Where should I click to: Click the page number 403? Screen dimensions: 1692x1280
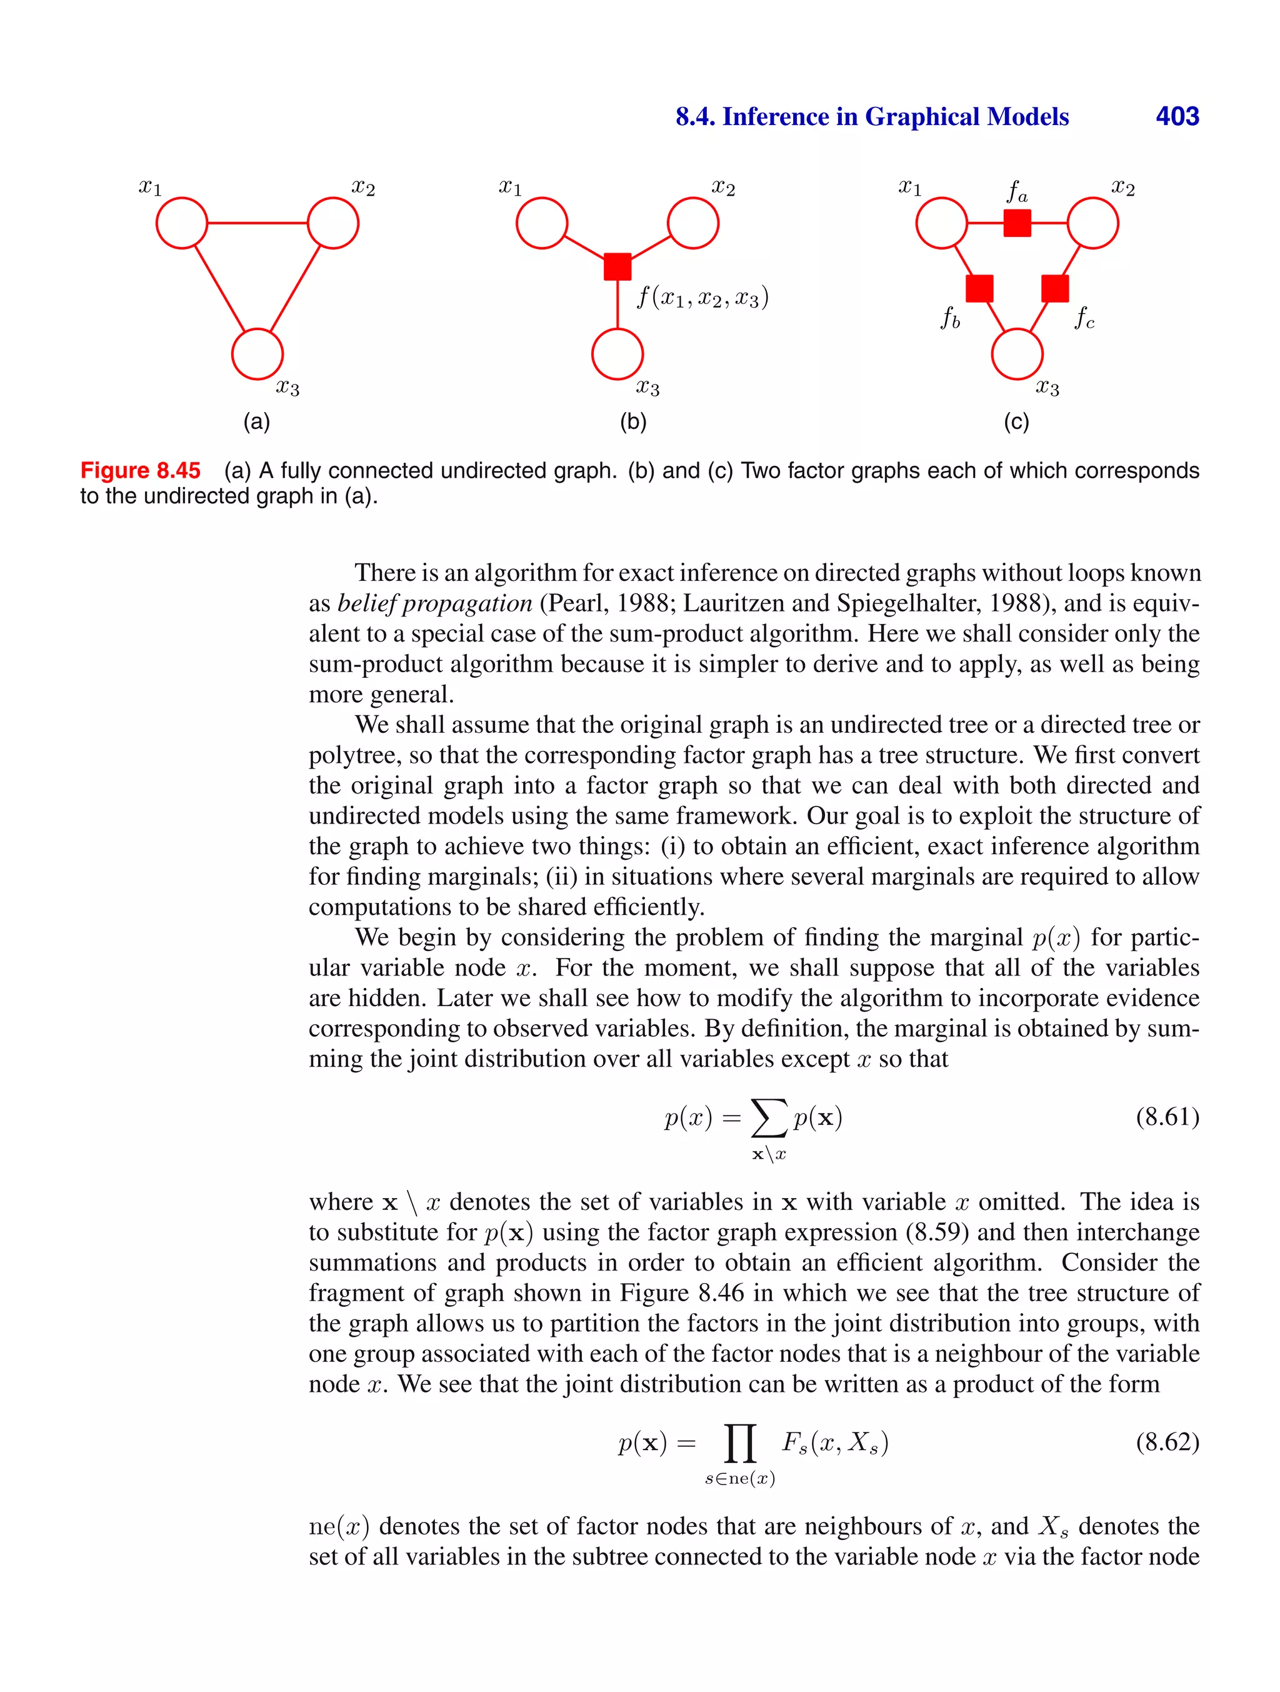pos(1177,116)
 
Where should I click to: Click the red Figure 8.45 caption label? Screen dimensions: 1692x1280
pos(141,470)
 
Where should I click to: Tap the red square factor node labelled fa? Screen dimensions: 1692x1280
pos(1016,223)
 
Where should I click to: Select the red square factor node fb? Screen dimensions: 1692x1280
pos(979,288)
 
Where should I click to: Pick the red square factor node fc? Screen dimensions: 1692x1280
pos(1054,288)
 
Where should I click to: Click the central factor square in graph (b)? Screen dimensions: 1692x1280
pos(617,266)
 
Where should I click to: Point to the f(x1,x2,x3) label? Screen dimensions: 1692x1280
pos(702,297)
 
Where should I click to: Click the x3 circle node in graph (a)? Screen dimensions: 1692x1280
pos(257,354)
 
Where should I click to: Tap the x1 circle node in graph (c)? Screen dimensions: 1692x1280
pos(941,223)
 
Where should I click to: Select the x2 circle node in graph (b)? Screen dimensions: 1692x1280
pos(692,223)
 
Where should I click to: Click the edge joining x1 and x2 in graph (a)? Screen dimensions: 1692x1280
pos(257,223)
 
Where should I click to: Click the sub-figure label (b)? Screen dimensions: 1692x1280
pos(633,421)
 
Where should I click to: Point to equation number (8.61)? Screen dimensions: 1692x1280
pos(1167,1117)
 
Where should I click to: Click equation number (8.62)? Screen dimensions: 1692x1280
pos(1167,1442)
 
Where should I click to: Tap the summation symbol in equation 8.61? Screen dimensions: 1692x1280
pos(769,1119)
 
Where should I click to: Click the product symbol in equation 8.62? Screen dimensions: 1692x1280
pos(739,1443)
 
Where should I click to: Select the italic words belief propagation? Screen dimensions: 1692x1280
pos(434,603)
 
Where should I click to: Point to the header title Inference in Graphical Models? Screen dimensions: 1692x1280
pos(894,116)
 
